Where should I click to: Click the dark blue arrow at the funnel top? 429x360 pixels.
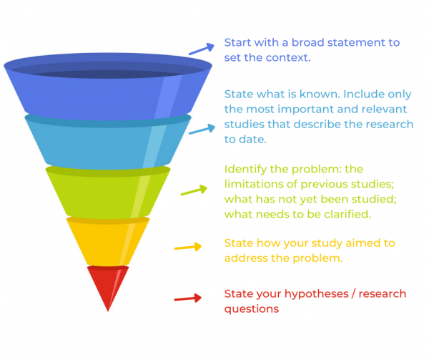(x=202, y=49)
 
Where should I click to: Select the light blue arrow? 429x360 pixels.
(x=202, y=130)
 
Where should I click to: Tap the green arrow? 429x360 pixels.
(x=194, y=190)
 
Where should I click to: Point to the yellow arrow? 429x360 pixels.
(x=188, y=247)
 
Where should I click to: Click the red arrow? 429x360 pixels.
(x=187, y=298)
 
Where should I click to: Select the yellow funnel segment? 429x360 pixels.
(x=108, y=241)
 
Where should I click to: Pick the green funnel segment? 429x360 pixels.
(x=108, y=192)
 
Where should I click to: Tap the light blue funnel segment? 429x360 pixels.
(x=108, y=142)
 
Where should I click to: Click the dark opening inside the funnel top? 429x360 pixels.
(x=108, y=71)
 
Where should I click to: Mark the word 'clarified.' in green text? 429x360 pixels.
(x=347, y=215)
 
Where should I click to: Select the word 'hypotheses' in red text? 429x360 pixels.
(x=317, y=294)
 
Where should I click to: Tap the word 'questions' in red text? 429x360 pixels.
(x=252, y=309)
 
